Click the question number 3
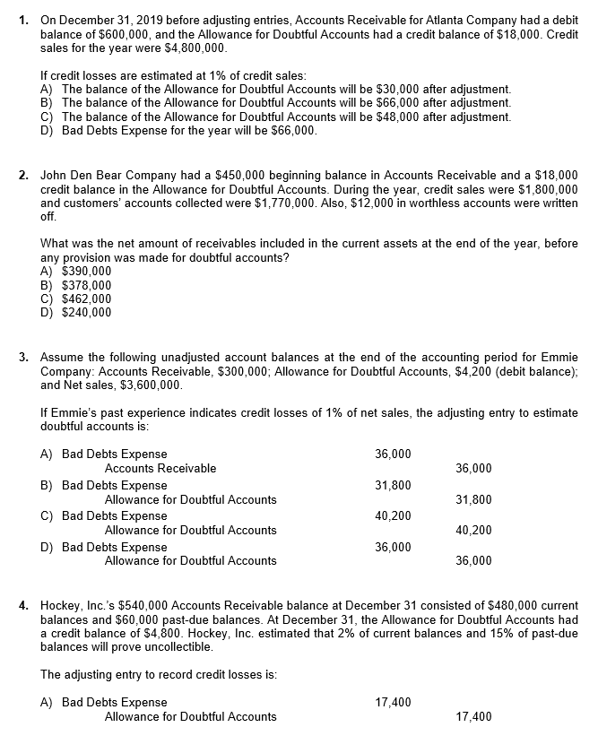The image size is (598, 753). click(x=23, y=359)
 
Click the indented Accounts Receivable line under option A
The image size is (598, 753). click(x=160, y=468)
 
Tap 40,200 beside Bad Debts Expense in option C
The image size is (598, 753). click(x=393, y=515)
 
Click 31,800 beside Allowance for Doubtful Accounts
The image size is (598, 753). click(x=472, y=499)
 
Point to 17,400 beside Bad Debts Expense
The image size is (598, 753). click(x=393, y=702)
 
